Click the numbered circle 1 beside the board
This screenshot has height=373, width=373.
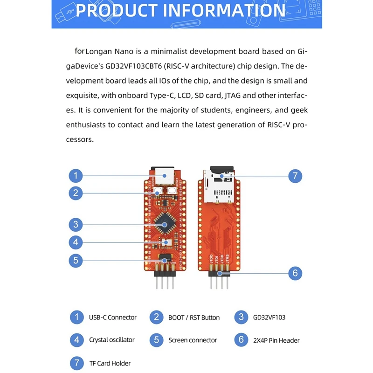[76, 176]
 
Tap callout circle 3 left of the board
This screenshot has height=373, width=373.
[76, 225]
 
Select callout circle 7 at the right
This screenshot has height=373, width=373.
[295, 176]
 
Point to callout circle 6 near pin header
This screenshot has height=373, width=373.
[295, 273]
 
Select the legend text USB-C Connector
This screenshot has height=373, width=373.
[113, 318]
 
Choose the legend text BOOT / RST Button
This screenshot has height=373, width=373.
[194, 318]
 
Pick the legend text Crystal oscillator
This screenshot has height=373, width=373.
[112, 340]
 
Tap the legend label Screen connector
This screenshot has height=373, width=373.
[193, 340]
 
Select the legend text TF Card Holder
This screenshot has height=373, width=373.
[110, 363]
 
